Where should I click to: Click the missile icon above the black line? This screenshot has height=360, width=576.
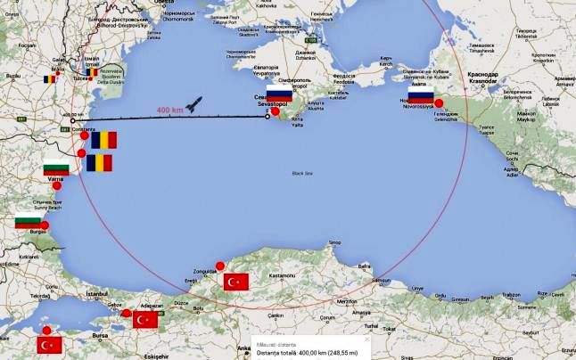click(x=194, y=104)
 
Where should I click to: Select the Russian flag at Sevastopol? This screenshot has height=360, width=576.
click(x=279, y=95)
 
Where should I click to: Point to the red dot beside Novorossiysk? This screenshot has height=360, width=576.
click(x=439, y=102)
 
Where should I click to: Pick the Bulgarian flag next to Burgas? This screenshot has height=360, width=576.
click(x=27, y=221)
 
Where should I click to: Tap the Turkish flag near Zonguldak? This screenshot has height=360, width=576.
click(x=236, y=282)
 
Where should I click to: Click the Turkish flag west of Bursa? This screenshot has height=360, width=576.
click(x=49, y=344)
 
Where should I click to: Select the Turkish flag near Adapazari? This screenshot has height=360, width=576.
click(x=144, y=319)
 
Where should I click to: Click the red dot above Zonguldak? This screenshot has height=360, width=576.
click(x=220, y=266)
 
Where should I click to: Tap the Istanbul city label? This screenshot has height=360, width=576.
click(x=71, y=292)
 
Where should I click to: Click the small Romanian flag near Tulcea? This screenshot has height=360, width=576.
click(x=51, y=78)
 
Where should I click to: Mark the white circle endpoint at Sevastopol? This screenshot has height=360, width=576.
click(x=267, y=116)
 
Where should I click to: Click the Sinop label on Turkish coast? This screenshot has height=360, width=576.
click(x=335, y=241)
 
